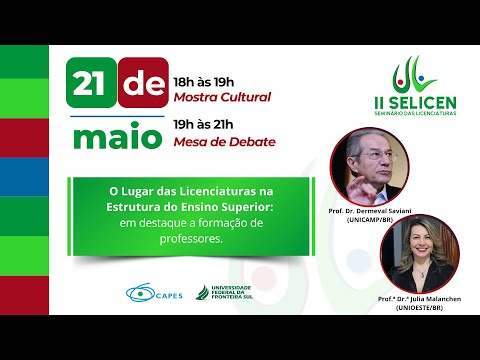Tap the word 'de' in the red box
click(x=142, y=89)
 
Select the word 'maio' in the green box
click(x=114, y=137)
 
